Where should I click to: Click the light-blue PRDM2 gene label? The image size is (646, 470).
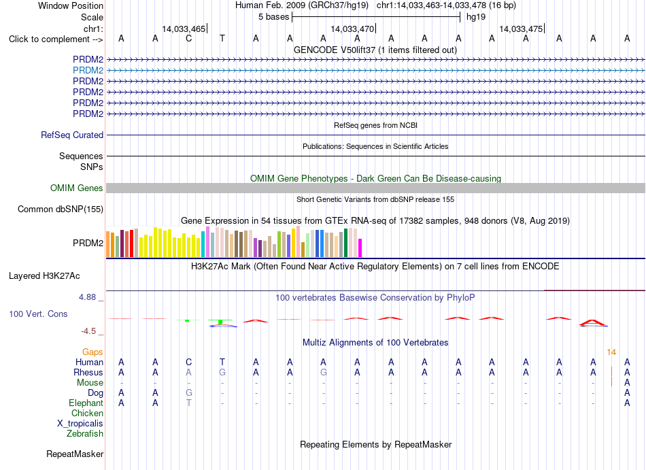click(88, 71)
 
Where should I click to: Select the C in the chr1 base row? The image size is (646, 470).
click(188, 39)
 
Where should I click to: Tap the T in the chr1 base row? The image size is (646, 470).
click(222, 39)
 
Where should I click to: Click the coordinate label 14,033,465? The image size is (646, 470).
click(184, 29)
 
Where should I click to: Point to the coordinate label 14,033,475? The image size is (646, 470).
click(521, 29)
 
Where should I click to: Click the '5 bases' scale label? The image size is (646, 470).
click(274, 17)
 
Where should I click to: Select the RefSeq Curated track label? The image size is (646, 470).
click(72, 135)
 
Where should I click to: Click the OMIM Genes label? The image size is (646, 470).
click(77, 188)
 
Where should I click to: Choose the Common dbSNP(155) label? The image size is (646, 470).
click(61, 209)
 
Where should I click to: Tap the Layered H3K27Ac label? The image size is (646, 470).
click(44, 276)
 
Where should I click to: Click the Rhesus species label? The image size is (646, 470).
click(88, 372)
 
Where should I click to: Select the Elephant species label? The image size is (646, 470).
click(86, 403)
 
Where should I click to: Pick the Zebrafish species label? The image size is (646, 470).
click(85, 434)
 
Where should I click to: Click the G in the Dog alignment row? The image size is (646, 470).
click(188, 393)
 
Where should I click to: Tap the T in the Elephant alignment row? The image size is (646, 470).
click(188, 403)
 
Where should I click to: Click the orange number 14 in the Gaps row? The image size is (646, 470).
click(611, 352)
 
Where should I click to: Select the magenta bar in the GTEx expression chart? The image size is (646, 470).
click(360, 248)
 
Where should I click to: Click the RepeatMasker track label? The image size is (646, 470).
click(75, 454)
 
